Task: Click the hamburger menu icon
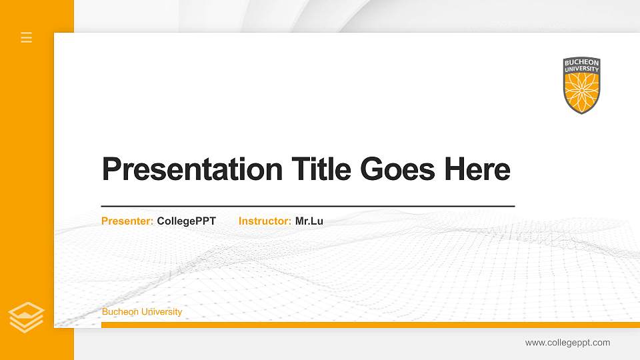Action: click(x=27, y=37)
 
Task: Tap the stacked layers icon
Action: click(x=27, y=317)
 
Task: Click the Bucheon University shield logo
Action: click(x=581, y=85)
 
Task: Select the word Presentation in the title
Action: click(x=192, y=169)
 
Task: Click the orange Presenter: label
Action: click(x=127, y=221)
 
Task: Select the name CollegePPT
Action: click(x=187, y=221)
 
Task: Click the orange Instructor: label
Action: click(x=265, y=221)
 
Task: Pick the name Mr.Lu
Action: click(x=309, y=221)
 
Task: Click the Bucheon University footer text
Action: click(x=142, y=312)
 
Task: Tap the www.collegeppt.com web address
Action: click(x=567, y=343)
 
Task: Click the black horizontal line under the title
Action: click(x=307, y=207)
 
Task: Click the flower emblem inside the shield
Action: click(x=581, y=91)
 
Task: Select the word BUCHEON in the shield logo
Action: click(x=581, y=63)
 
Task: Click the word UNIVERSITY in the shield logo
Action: click(x=581, y=69)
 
